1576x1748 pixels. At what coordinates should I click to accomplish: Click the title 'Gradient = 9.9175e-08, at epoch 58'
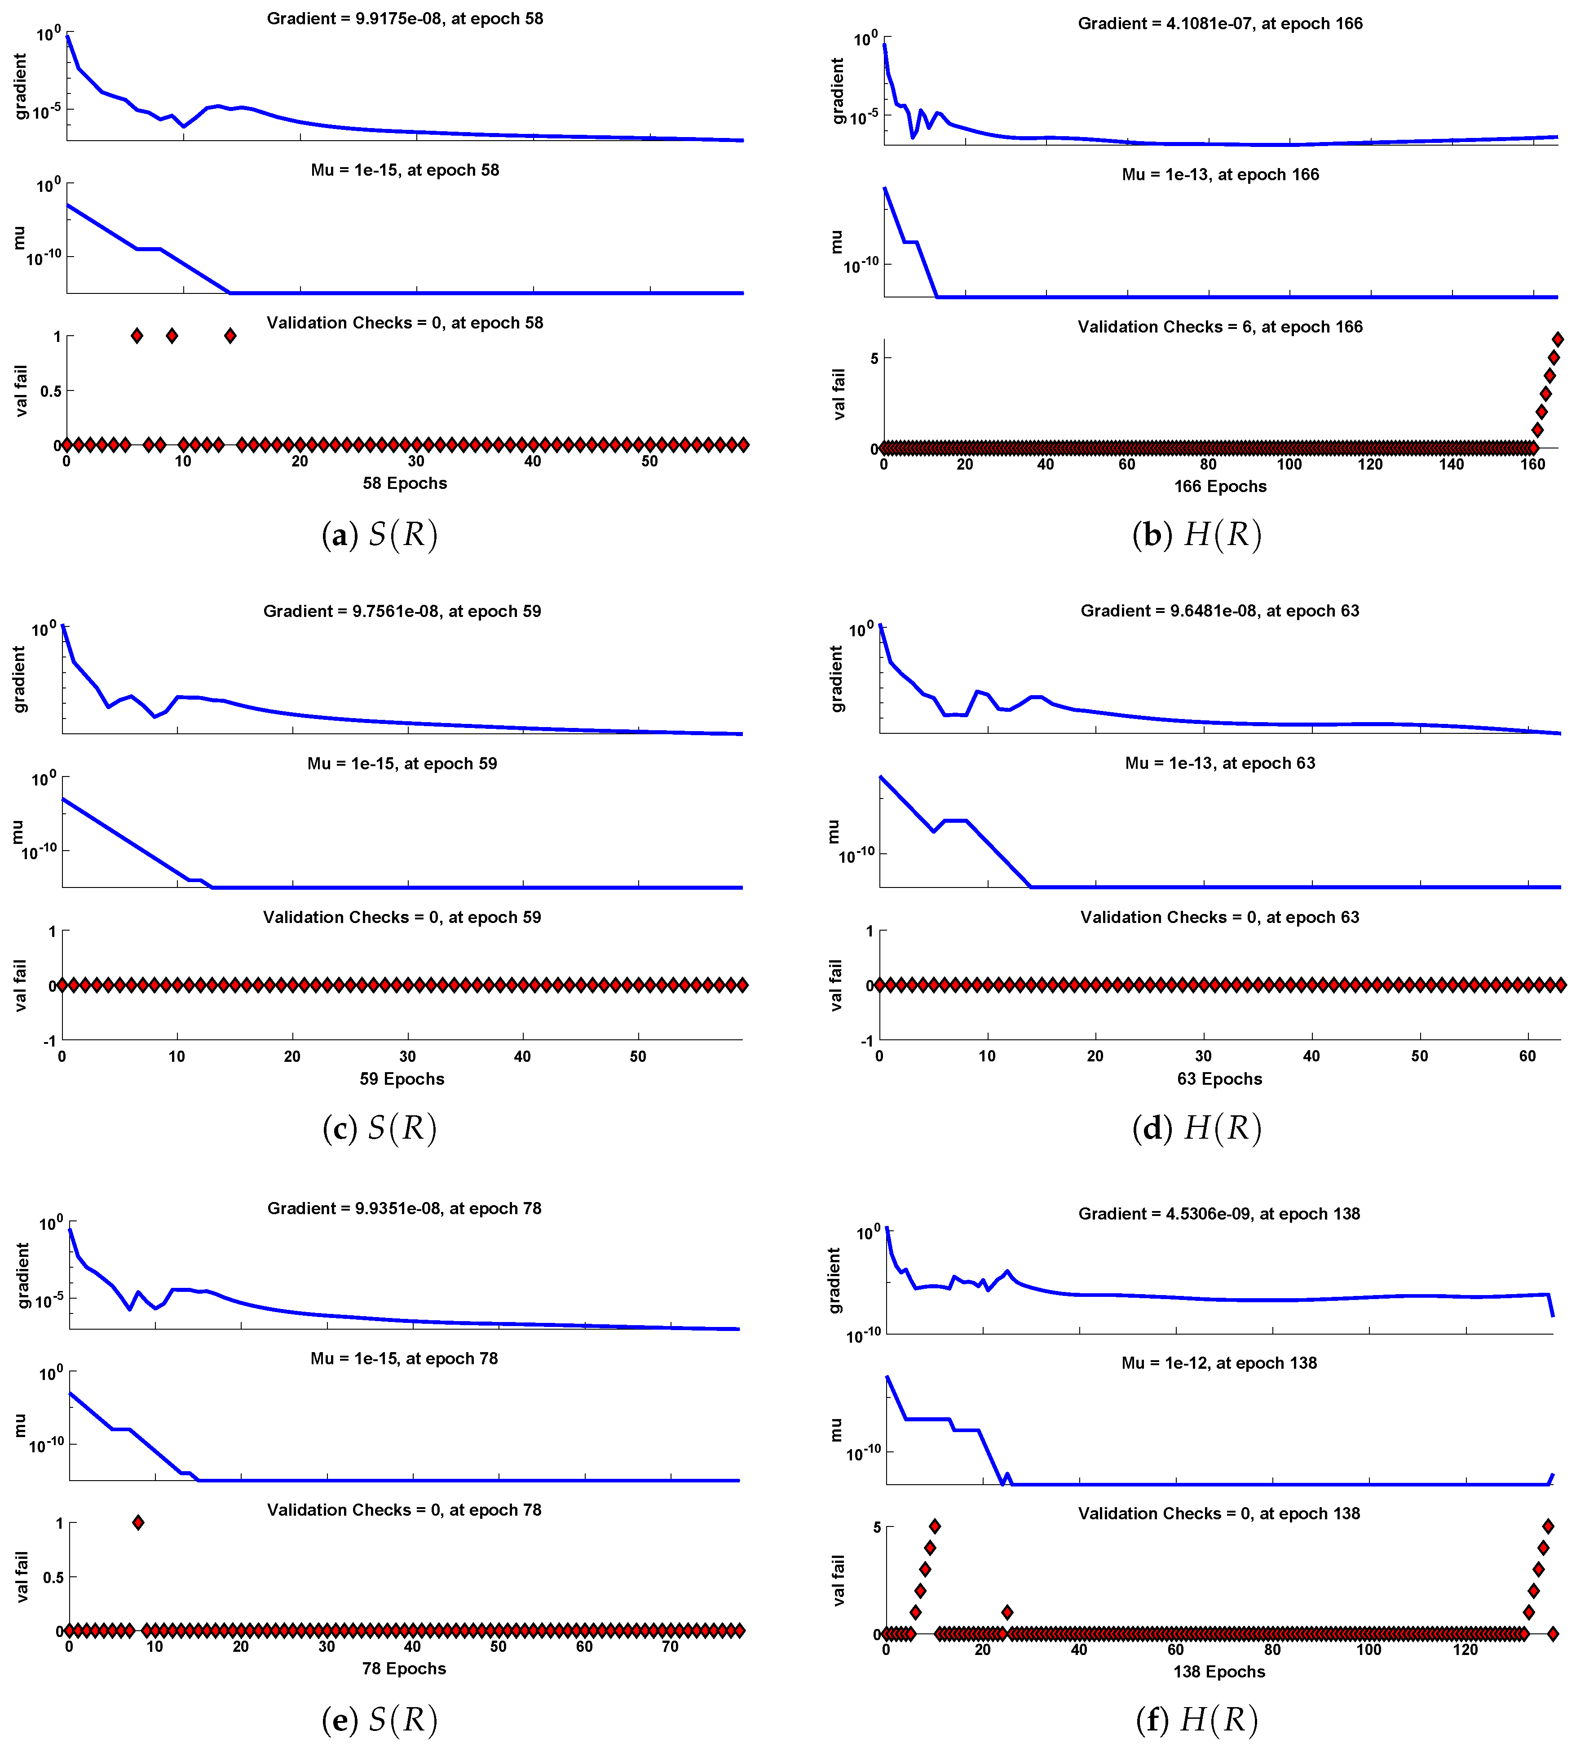pyautogui.click(x=404, y=18)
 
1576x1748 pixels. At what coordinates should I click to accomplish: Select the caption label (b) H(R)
pyautogui.click(x=1197, y=534)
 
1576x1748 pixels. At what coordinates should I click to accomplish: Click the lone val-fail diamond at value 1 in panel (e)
pyautogui.click(x=138, y=1522)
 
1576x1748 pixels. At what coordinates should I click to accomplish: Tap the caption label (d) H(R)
pyautogui.click(x=1197, y=1128)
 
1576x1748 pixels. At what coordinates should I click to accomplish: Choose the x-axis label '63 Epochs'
pyautogui.click(x=1219, y=1078)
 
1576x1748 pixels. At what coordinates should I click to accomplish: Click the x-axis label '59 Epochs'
pyautogui.click(x=402, y=1078)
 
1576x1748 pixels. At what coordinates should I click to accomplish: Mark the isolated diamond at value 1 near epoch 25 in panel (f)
pyautogui.click(x=1006, y=1612)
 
